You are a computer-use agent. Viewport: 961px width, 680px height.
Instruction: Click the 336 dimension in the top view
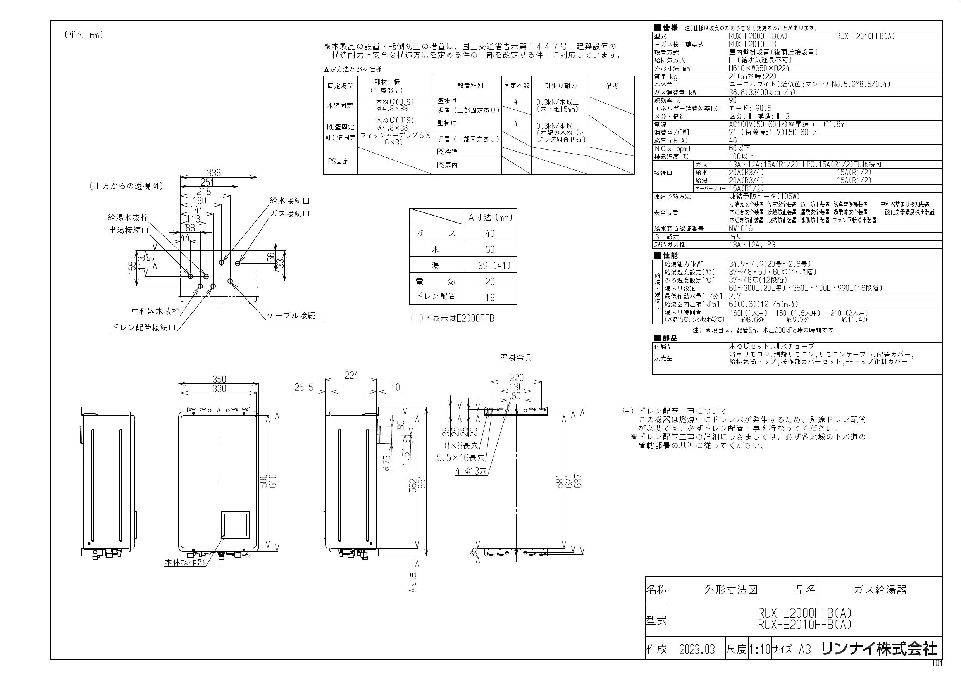pos(214,173)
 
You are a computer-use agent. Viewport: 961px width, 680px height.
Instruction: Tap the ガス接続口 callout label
pos(289,214)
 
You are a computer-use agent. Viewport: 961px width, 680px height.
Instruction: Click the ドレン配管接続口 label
pos(143,328)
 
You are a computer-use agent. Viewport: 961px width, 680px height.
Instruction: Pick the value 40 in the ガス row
pos(489,234)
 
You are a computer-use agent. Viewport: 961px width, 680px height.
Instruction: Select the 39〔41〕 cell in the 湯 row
pos(489,266)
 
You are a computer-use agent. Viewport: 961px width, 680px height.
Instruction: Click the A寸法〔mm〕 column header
pos(489,217)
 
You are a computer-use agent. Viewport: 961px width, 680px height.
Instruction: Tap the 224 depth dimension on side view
pos(351,376)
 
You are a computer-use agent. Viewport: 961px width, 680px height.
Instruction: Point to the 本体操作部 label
pos(184,562)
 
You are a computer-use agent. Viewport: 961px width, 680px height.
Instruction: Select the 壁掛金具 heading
pos(516,357)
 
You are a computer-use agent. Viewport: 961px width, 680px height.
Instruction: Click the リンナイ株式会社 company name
pos(878,649)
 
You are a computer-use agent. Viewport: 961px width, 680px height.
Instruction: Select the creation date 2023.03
pos(697,649)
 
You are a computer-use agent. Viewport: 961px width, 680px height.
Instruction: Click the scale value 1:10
pos(759,649)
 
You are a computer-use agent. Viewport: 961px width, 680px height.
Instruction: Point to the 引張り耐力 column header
pos(561,86)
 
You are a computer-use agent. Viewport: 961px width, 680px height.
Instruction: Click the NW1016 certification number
pos(741,229)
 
